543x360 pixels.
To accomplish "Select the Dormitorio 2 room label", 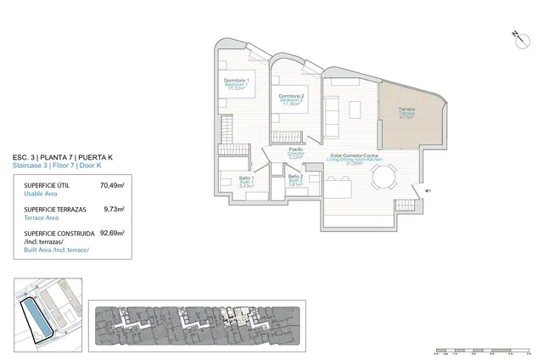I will (291, 98).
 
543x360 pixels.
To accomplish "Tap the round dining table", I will (383, 177).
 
